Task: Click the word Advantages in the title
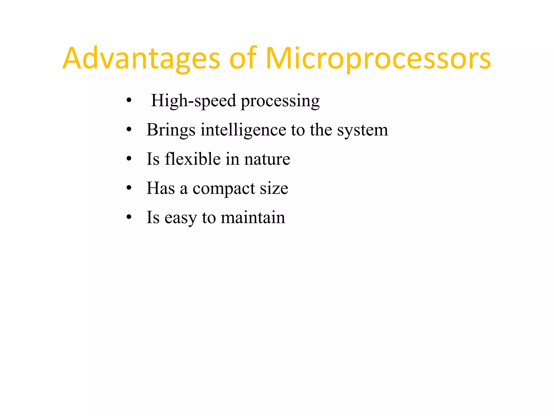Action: pyautogui.click(x=141, y=59)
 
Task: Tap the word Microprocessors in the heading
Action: pyautogui.click(x=378, y=59)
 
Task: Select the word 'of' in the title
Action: pyautogui.click(x=243, y=59)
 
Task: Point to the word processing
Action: pyautogui.click(x=280, y=101)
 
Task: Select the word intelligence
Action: pyautogui.click(x=243, y=130)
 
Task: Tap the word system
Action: pyautogui.click(x=362, y=130)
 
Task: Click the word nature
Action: pyautogui.click(x=267, y=159)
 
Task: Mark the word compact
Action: pyautogui.click(x=224, y=189)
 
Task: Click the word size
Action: pyautogui.click(x=274, y=188)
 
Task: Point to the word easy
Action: pyautogui.click(x=180, y=218)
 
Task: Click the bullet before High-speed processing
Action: pyautogui.click(x=129, y=100)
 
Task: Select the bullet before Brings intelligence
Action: pyautogui.click(x=129, y=129)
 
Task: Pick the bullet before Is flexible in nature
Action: pyautogui.click(x=129, y=159)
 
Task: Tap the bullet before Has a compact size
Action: pyautogui.click(x=129, y=188)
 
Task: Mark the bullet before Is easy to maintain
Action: pyautogui.click(x=129, y=217)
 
